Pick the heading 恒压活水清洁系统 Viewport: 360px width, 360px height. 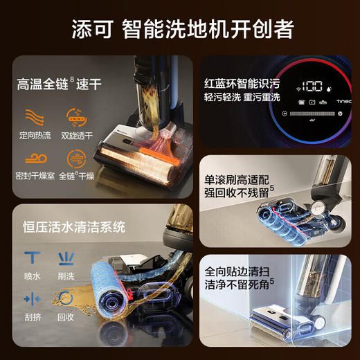(73, 225)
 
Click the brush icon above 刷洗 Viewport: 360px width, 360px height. (67, 259)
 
